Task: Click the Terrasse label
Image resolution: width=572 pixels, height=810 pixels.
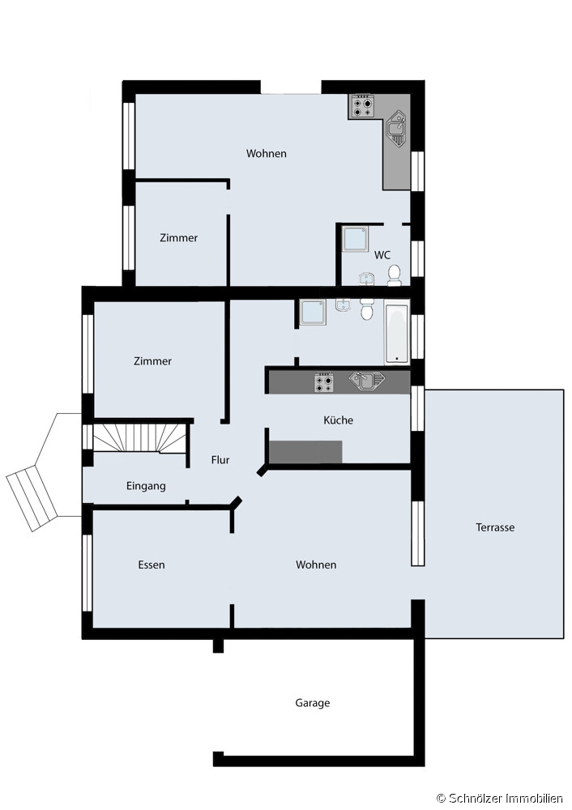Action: (495, 527)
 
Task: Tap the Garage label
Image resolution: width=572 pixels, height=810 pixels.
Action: (313, 703)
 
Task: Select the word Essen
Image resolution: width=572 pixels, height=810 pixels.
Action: (152, 565)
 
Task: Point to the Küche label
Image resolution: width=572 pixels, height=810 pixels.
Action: (339, 420)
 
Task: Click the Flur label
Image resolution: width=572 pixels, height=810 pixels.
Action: (220, 460)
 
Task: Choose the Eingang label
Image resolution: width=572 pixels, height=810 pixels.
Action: (146, 486)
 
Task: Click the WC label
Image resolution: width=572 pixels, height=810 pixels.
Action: (382, 254)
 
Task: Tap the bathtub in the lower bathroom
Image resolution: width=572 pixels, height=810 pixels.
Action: (397, 333)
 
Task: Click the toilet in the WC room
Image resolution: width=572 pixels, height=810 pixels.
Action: (395, 275)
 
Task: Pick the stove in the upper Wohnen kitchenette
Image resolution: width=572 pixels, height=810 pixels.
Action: (361, 106)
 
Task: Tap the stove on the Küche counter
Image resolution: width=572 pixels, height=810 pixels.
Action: (324, 382)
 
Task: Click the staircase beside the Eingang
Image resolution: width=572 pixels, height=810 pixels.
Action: (139, 437)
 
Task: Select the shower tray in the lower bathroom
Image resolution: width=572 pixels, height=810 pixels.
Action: (313, 313)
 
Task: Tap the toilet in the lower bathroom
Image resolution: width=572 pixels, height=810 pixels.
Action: (367, 309)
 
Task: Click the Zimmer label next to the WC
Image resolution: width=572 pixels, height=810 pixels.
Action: (179, 237)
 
